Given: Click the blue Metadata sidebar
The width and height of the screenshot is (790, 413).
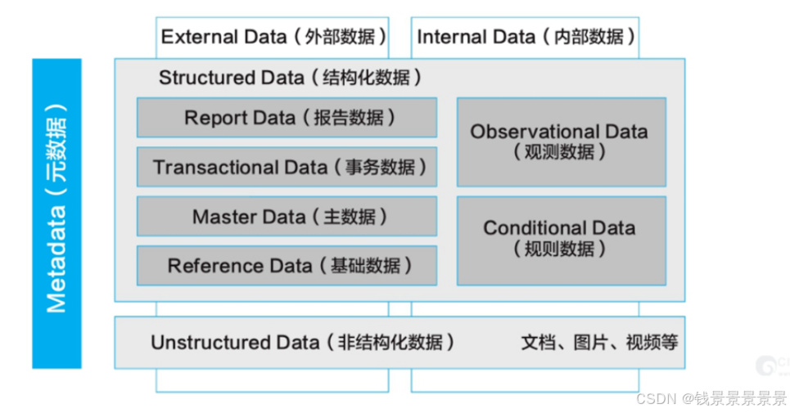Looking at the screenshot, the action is pyautogui.click(x=57, y=213).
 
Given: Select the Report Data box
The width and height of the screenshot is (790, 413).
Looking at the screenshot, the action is pyautogui.click(x=287, y=118).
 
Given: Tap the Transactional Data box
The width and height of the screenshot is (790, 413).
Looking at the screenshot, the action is pyautogui.click(x=287, y=167).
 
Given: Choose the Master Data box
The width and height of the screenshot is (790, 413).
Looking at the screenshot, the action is pyautogui.click(x=287, y=216).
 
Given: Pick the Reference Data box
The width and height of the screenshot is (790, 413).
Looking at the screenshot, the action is pyautogui.click(x=287, y=266).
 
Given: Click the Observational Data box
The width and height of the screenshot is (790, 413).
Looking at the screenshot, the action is pyautogui.click(x=562, y=142).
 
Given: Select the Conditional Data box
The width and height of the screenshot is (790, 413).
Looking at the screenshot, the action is pyautogui.click(x=562, y=241).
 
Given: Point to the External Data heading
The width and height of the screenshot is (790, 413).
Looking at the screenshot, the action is pyautogui.click(x=273, y=37).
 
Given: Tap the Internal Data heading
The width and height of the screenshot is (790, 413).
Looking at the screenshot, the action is pyautogui.click(x=526, y=37).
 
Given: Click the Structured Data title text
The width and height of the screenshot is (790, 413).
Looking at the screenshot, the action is pyautogui.click(x=290, y=78).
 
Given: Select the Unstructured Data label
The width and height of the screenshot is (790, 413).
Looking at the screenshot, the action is pyautogui.click(x=303, y=343).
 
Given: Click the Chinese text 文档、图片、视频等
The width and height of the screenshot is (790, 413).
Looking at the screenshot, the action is pyautogui.click(x=599, y=343).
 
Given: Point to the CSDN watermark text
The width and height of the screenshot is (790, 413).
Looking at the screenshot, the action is pyautogui.click(x=711, y=399).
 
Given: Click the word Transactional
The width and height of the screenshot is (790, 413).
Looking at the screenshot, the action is pyautogui.click(x=241, y=168).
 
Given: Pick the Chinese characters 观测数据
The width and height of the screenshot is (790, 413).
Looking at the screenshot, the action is pyautogui.click(x=559, y=152).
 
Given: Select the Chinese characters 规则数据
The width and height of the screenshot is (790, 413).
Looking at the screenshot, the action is pyautogui.click(x=559, y=249).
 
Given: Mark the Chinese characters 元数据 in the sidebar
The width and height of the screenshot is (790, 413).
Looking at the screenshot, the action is pyautogui.click(x=56, y=149).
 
